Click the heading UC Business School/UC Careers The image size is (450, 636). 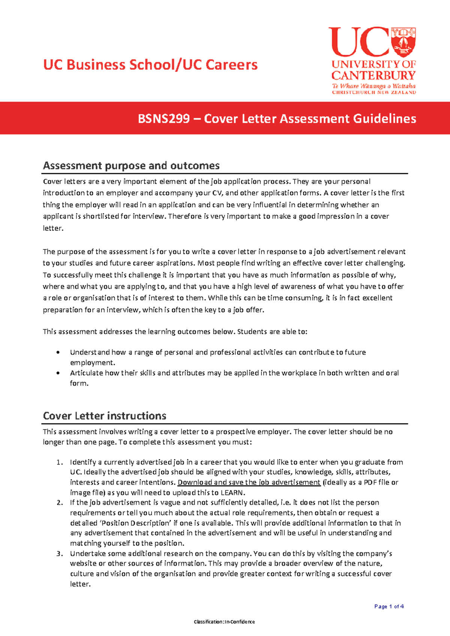pos(150,65)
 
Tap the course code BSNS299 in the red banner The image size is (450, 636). pos(164,119)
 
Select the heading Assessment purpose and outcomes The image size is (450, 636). pos(131,165)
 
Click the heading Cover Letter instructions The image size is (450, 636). pos(105,415)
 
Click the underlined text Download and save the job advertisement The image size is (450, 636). pos(249,482)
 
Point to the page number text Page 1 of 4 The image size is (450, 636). pos(389,606)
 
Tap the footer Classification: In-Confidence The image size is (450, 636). pos(224,622)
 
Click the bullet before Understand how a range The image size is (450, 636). pos(58,352)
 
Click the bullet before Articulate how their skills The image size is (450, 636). pos(58,373)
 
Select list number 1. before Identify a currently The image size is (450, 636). pos(60,462)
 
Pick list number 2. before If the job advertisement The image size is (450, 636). pos(60,502)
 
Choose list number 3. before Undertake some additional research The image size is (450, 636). pos(60,553)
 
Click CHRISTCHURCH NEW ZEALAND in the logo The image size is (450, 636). pos(373,92)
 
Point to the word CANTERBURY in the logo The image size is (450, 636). pos(373,75)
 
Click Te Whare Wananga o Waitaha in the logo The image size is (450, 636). pos(373,86)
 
